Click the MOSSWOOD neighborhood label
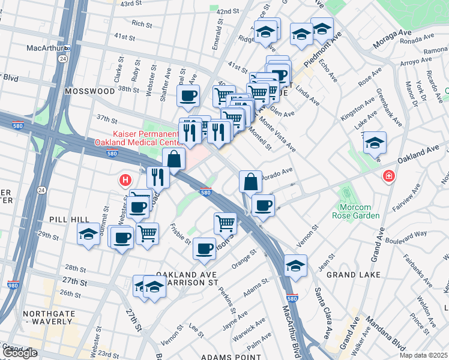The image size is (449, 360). tap(91, 91)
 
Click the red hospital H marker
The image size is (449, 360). tap(125, 179)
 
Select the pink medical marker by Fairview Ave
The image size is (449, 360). tap(389, 176)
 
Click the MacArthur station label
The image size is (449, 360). tap(49, 47)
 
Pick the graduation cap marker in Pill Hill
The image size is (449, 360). tap(88, 234)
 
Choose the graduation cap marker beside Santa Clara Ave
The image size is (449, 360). tap(295, 266)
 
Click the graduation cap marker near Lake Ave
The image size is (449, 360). tap(375, 143)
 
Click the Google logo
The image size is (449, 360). tap(20, 353)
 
